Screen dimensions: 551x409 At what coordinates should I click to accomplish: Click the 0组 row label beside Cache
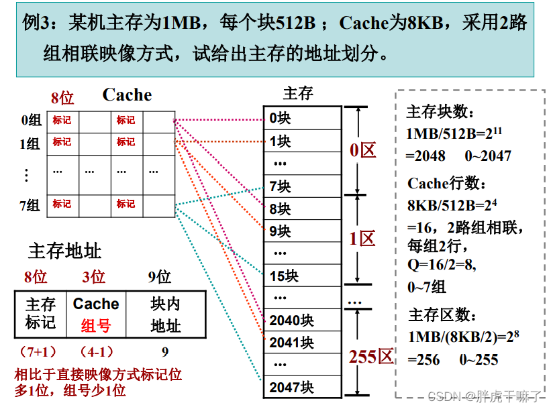pos(31,120)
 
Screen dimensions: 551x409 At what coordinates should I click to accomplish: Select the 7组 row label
pos(31,204)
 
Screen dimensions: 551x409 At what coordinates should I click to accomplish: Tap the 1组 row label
pos(31,143)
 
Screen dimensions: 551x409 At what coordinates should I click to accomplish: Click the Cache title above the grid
pos(127,95)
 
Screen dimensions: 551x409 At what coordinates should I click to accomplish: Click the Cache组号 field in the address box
pos(96,314)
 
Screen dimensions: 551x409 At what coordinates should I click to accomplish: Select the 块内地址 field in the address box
pos(165,314)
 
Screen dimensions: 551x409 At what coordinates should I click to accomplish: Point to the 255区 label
pos(370,356)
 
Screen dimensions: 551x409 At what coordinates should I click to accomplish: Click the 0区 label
pos(363,150)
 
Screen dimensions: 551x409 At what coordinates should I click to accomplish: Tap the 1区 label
pos(362,239)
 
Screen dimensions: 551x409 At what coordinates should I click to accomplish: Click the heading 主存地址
pos(64,251)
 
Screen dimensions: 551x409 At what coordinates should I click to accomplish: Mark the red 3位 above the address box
pos(94,276)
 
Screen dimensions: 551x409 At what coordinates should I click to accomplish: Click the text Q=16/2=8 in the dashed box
pos(442,264)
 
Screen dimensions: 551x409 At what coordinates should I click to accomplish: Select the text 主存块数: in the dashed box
pos(440,111)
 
